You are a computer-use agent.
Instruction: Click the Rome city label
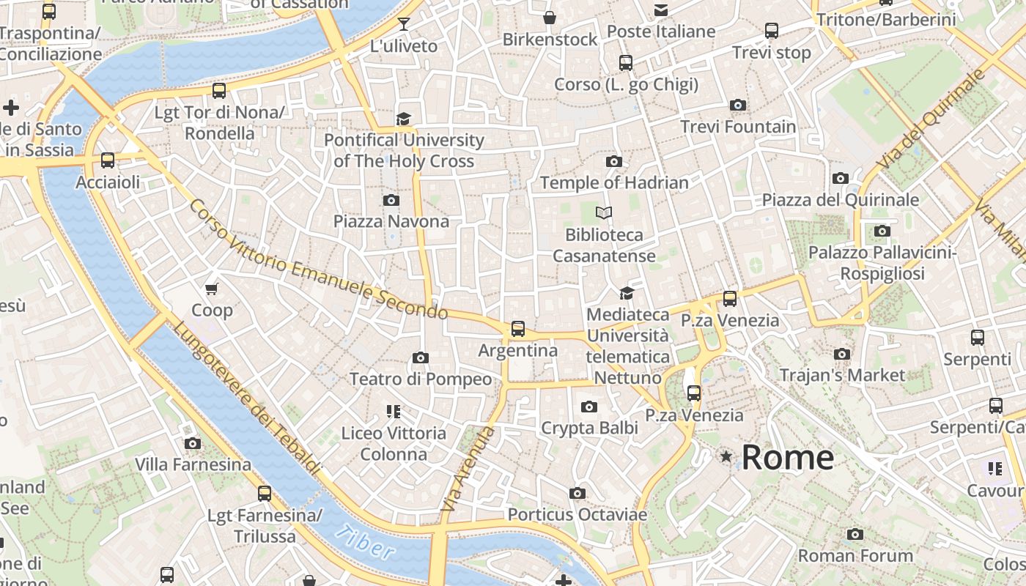[788, 458]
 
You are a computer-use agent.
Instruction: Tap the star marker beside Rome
[726, 456]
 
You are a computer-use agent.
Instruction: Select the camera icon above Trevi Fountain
[738, 105]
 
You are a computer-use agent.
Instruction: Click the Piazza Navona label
[391, 221]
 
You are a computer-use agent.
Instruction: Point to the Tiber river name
[365, 543]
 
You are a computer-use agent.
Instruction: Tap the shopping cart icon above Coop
[212, 289]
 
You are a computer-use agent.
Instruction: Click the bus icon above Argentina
[518, 328]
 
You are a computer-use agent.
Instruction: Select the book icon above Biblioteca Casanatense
[604, 212]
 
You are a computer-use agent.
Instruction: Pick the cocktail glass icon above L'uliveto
[403, 24]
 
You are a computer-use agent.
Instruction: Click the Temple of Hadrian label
[614, 183]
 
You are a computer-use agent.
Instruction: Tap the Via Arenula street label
[469, 469]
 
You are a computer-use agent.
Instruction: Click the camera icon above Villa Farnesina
[193, 443]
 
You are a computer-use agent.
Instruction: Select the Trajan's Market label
[842, 376]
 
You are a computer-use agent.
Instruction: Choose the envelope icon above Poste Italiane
[661, 10]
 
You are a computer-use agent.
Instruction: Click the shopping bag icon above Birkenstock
[550, 18]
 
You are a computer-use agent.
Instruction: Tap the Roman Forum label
[855, 556]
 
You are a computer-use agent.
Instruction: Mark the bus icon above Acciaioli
[108, 160]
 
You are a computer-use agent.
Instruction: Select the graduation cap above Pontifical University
[403, 119]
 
